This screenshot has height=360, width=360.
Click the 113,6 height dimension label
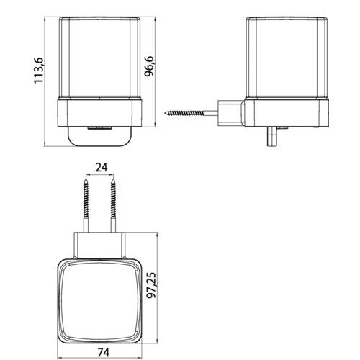[39, 71]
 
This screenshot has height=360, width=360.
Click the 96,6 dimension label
[149, 66]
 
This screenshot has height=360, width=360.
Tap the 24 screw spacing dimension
[102, 167]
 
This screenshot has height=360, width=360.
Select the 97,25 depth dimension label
[151, 285]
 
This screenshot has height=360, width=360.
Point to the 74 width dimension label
[104, 352]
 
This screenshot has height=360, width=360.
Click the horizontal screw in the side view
[191, 112]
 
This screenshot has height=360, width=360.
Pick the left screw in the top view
[86, 204]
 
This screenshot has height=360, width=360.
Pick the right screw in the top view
[113, 204]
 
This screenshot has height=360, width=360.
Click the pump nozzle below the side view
[272, 136]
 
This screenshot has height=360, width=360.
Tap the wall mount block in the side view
[231, 113]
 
